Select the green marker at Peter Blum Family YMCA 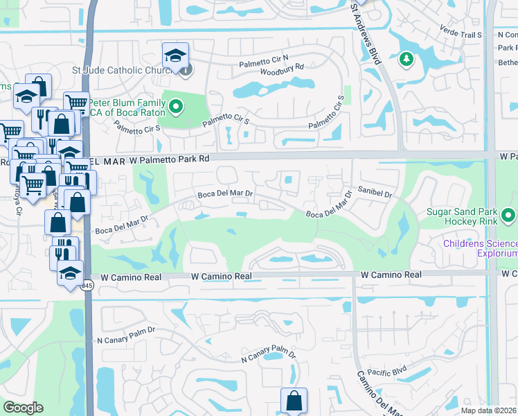[x=177, y=107]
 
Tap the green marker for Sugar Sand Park [x=510, y=215]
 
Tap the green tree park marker [x=406, y=60]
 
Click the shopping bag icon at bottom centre [x=294, y=400]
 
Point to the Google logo [x=24, y=408]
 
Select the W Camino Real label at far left [x=131, y=277]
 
